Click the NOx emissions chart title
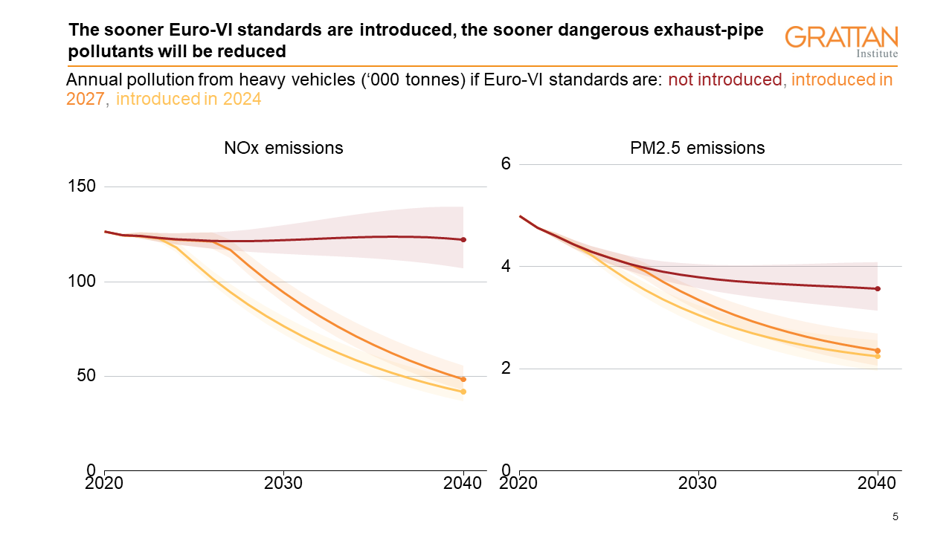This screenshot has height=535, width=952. click(283, 148)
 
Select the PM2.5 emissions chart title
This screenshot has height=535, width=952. click(697, 148)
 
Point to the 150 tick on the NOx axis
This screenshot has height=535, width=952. click(82, 186)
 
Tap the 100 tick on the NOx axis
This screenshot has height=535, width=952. click(82, 281)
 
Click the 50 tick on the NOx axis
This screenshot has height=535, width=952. click(86, 375)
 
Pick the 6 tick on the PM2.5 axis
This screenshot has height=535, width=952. click(505, 163)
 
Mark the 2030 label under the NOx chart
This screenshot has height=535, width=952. click(283, 483)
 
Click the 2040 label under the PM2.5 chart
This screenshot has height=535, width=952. click(877, 483)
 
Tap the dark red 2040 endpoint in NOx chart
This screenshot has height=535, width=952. click(463, 239)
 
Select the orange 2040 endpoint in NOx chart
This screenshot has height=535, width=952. click(463, 379)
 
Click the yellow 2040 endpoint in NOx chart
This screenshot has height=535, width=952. click(463, 392)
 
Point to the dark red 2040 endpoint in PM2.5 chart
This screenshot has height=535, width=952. click(878, 288)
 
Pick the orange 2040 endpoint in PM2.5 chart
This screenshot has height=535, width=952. click(878, 351)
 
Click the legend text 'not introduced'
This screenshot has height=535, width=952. click(725, 80)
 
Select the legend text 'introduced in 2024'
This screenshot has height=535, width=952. click(189, 99)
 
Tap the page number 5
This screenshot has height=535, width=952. click(895, 516)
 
